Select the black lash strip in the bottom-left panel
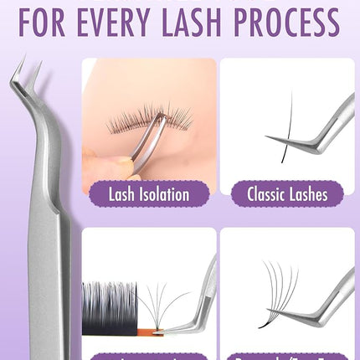109,301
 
